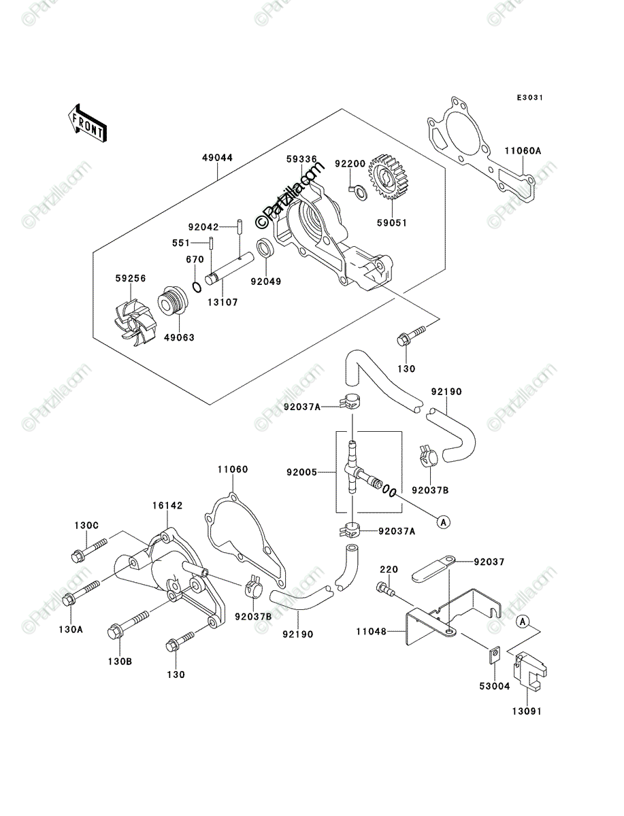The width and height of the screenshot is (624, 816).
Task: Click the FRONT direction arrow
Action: point(87,124)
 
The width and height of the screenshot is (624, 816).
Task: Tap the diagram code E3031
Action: point(530,98)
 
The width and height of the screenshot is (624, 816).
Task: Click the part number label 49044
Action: point(218,158)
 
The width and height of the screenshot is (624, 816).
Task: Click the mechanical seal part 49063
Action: point(173,300)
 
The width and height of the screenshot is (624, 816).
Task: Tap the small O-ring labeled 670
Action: point(197,287)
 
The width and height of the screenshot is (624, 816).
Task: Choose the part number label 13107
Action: point(223,302)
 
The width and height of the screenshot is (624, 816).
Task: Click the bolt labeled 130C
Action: point(89,550)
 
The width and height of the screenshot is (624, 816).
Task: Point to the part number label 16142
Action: point(167,506)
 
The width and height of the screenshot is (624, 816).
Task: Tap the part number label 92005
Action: point(301,472)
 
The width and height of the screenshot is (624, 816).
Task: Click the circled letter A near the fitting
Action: point(443,522)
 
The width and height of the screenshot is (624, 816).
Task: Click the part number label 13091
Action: point(527,711)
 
